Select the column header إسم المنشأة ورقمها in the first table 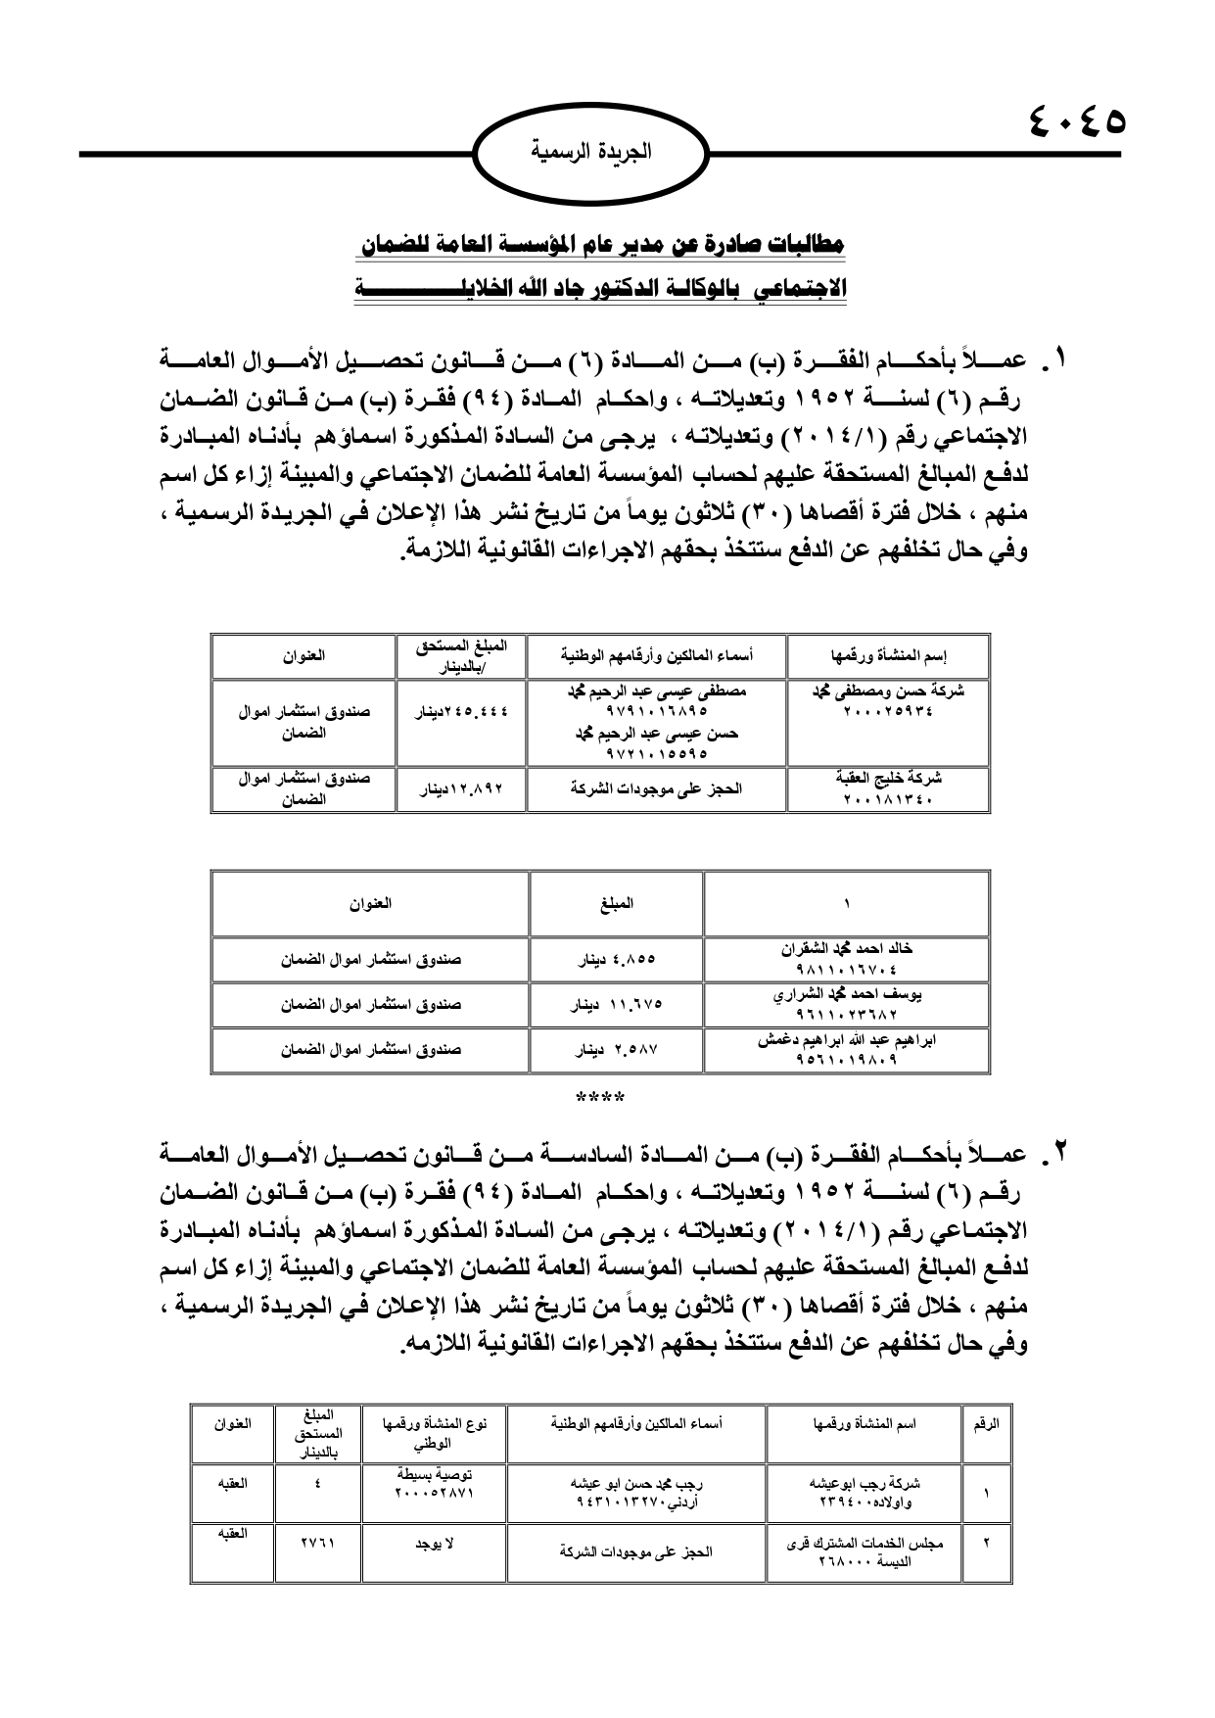click(x=888, y=656)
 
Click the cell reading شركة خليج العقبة click(x=888, y=788)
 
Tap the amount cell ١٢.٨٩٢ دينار click(x=460, y=788)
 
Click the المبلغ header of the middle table click(x=616, y=904)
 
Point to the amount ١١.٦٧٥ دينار click(x=616, y=1004)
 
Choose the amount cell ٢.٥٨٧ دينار click(x=616, y=1049)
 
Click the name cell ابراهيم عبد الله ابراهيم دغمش click(x=846, y=1049)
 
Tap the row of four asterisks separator click(x=600, y=1097)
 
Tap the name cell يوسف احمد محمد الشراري click(x=846, y=1004)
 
